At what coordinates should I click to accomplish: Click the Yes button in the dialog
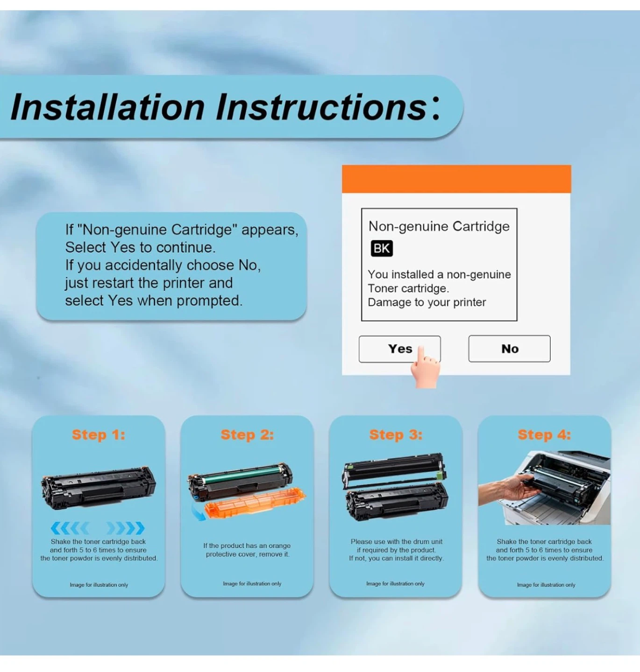point(399,349)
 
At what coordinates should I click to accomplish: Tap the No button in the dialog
point(509,349)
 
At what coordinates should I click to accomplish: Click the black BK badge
point(382,248)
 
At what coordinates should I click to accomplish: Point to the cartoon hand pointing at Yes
point(425,368)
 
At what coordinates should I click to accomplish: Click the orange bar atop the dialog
point(456,179)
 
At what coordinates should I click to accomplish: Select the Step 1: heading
point(99,435)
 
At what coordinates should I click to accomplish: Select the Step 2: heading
point(247,435)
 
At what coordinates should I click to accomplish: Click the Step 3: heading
point(396,435)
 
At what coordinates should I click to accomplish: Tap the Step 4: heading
point(544,435)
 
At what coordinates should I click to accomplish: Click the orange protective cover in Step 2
point(255,502)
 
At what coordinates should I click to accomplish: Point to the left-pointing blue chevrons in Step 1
point(70,528)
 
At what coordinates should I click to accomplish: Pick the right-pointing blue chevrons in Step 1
point(126,528)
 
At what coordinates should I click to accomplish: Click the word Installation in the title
point(107,107)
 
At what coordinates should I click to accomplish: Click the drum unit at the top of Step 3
point(395,469)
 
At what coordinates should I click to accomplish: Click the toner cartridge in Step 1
point(99,488)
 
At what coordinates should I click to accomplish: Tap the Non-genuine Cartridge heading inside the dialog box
point(439,227)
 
